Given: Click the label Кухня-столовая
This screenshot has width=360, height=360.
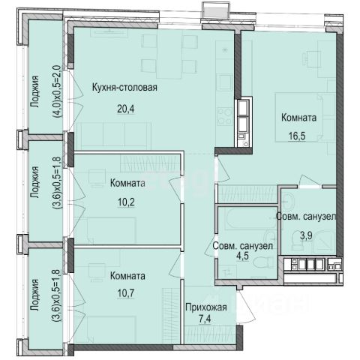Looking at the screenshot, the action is pyautogui.click(x=124, y=88).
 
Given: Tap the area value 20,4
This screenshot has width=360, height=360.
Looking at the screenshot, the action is pyautogui.click(x=126, y=109).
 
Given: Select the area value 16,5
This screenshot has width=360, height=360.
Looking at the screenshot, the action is pyautogui.click(x=297, y=136).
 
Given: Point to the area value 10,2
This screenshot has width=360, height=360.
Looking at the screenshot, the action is pyautogui.click(x=126, y=202).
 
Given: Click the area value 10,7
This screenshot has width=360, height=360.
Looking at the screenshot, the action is pyautogui.click(x=126, y=293).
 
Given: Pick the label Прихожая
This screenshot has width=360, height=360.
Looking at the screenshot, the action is pyautogui.click(x=206, y=307).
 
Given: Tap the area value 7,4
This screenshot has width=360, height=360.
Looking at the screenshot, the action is pyautogui.click(x=205, y=319).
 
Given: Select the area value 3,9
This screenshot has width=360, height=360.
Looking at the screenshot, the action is pyautogui.click(x=306, y=235).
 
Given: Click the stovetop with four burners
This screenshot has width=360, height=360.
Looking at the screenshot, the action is pyautogui.click(x=225, y=115).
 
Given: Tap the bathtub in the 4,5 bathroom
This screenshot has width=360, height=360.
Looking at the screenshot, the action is pyautogui.click(x=250, y=219).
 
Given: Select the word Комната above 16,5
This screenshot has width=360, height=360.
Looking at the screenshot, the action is pyautogui.click(x=299, y=118).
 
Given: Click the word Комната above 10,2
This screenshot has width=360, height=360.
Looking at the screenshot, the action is pyautogui.click(x=127, y=183).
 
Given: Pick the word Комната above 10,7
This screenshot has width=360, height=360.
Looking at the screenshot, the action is pyautogui.click(x=127, y=276).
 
